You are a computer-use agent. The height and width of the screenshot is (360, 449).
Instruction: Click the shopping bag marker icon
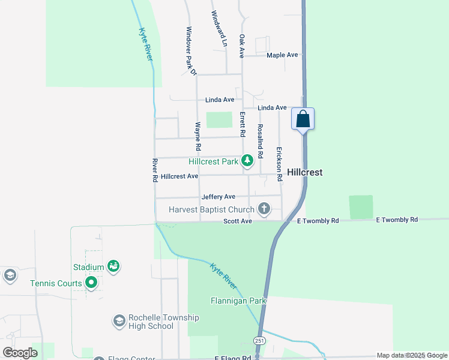coord(303,118)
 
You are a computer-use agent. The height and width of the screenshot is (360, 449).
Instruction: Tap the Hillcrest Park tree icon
coord(247,160)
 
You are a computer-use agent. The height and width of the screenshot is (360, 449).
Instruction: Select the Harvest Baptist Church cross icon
coord(264,209)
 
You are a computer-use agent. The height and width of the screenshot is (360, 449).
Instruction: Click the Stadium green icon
coord(113,265)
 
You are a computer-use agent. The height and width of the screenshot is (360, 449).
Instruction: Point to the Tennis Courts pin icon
coord(91,281)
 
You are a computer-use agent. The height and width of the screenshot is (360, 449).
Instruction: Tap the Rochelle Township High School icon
coord(119,321)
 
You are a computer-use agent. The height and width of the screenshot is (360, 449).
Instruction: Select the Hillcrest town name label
coord(304,172)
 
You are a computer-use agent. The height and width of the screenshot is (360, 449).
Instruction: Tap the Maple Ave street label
coord(282,55)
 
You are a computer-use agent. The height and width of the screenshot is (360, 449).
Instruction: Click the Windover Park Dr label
coord(191,51)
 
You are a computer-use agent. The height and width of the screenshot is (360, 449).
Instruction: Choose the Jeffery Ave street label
coord(218,197)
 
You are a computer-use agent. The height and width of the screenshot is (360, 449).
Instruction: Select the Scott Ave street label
coord(238,221)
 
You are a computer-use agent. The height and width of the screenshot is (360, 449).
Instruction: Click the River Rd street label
coord(155,170)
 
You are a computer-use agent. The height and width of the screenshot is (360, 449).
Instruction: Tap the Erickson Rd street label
coord(279,164)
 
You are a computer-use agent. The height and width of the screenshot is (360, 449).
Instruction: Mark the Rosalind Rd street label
coord(260,140)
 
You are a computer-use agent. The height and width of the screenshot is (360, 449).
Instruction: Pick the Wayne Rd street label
coord(197,136)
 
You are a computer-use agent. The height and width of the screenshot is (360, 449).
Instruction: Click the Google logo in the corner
coord(20,353)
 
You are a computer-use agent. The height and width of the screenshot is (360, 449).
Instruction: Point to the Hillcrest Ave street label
coord(179,176)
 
